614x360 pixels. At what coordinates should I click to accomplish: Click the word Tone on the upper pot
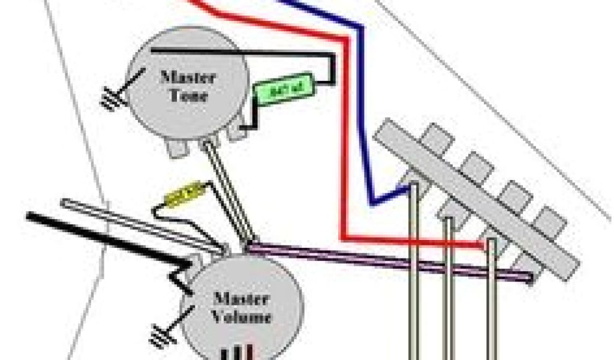tap(187, 95)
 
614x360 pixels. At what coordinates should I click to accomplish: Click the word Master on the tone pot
tap(187, 77)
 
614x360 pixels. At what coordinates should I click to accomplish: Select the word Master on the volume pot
tap(241, 298)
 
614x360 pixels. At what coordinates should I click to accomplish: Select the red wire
tap(343, 120)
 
